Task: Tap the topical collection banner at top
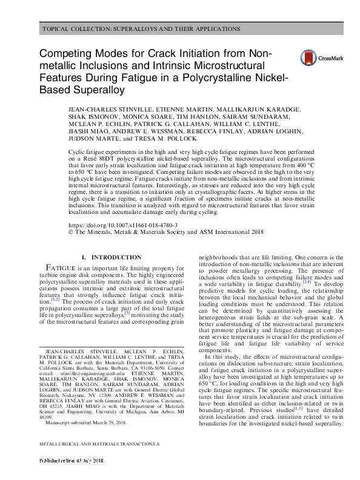pos(141,29)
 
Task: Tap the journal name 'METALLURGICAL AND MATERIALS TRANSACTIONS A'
pos(99,461)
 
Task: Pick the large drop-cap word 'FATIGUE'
pos(61,268)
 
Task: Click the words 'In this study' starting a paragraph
pos(224,357)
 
